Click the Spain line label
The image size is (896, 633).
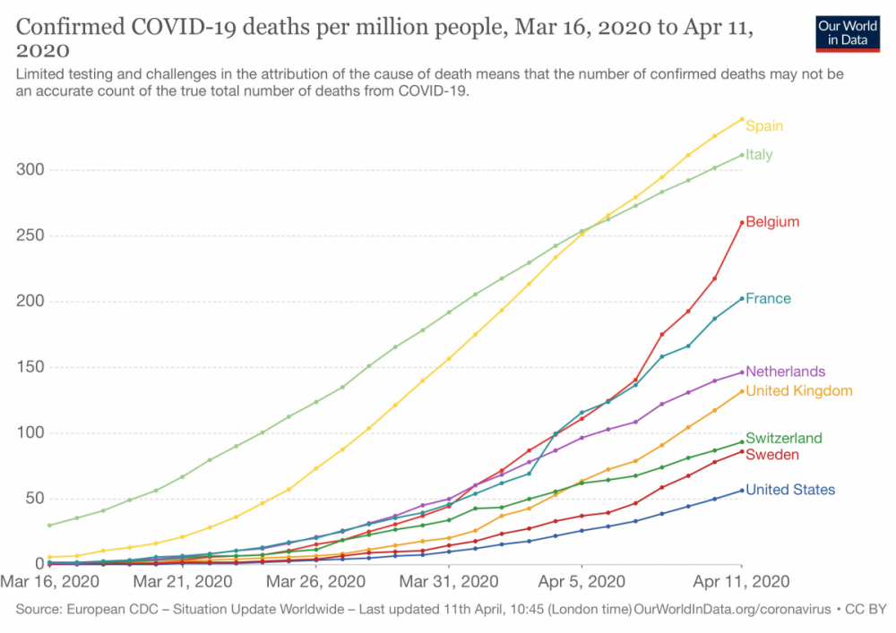click(x=764, y=126)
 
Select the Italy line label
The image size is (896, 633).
click(x=759, y=155)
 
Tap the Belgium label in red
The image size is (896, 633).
click(x=772, y=222)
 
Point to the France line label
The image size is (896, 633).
click(x=768, y=298)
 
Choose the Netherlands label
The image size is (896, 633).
click(x=785, y=372)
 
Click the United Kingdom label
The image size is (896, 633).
click(x=799, y=391)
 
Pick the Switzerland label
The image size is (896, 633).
click(x=784, y=439)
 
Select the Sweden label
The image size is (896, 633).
click(x=772, y=455)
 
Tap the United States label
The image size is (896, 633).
click(x=790, y=490)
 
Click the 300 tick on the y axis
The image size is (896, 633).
click(x=30, y=169)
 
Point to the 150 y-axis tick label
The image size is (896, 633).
click(x=30, y=367)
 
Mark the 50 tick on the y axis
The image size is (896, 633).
click(x=35, y=499)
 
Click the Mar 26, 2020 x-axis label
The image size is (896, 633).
click(x=315, y=582)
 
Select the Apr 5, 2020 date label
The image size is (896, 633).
click(x=582, y=582)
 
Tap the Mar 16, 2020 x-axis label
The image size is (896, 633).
click(x=49, y=582)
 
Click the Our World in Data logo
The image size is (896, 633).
click(x=848, y=34)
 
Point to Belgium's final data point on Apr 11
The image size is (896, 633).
click(x=742, y=223)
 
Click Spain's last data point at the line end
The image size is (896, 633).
click(x=742, y=119)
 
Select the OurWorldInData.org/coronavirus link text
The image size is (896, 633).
click(x=732, y=610)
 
